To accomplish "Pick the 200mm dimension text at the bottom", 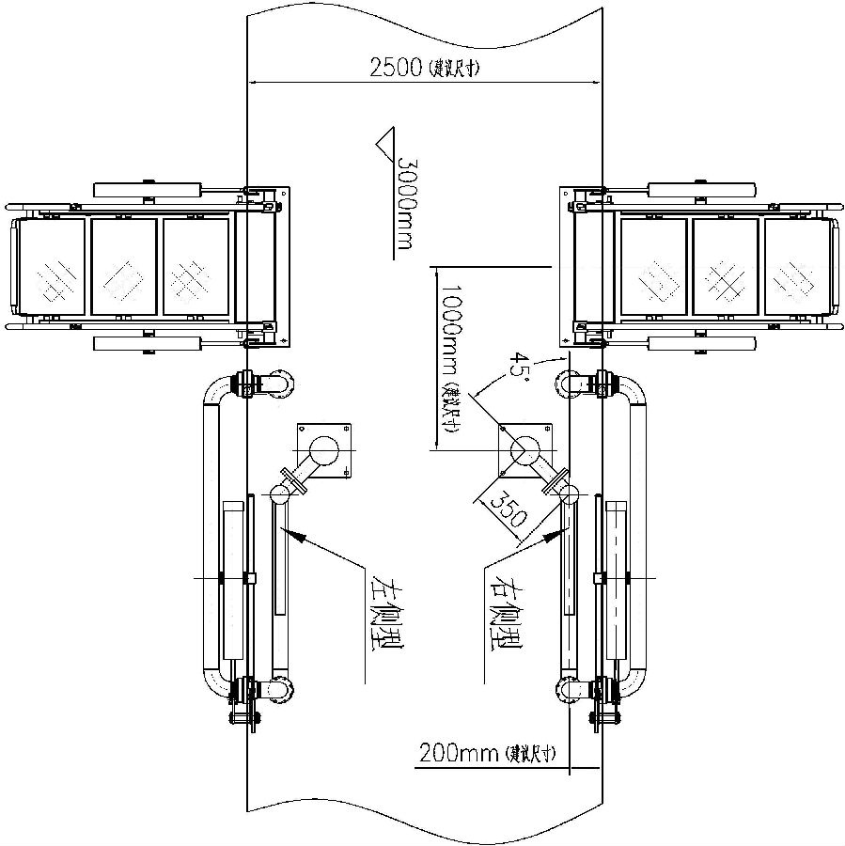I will [x=460, y=753].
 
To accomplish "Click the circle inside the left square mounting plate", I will [x=325, y=450].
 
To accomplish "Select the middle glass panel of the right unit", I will [x=725, y=266].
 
